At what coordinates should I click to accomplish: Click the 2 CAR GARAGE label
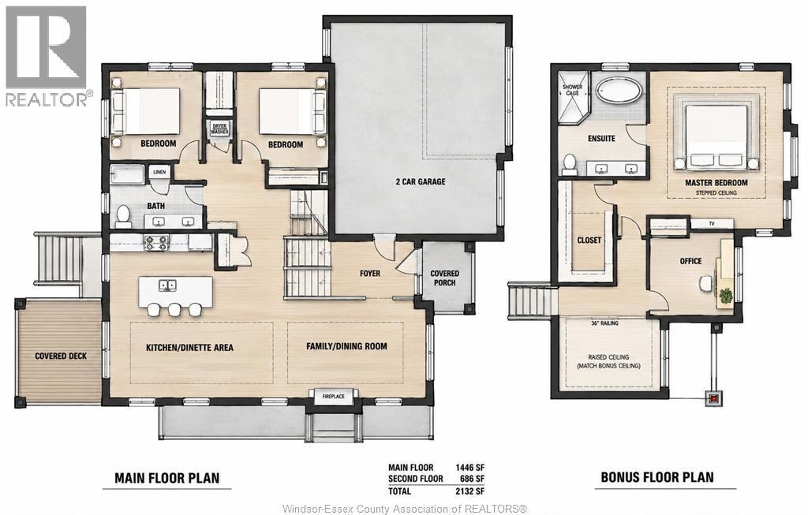[x=420, y=181]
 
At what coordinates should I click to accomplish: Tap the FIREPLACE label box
[x=333, y=396]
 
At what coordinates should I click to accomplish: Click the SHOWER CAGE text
[x=572, y=90]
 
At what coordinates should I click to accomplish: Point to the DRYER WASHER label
[x=219, y=129]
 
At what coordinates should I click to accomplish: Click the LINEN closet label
[x=159, y=172]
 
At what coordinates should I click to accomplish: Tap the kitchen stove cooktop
[x=155, y=242]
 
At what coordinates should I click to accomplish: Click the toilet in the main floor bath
[x=123, y=216]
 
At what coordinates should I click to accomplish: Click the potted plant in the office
[x=725, y=295]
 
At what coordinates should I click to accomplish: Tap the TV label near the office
[x=712, y=223]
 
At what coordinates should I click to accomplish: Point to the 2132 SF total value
[x=469, y=491]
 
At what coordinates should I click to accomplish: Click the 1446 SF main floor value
[x=469, y=468]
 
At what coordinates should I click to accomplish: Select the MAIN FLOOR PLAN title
[x=167, y=479]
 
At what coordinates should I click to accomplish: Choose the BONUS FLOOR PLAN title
[x=657, y=477]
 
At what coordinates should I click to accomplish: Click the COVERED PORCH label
[x=445, y=278]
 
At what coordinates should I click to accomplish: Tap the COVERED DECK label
[x=61, y=356]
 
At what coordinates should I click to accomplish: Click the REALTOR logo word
[x=47, y=99]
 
